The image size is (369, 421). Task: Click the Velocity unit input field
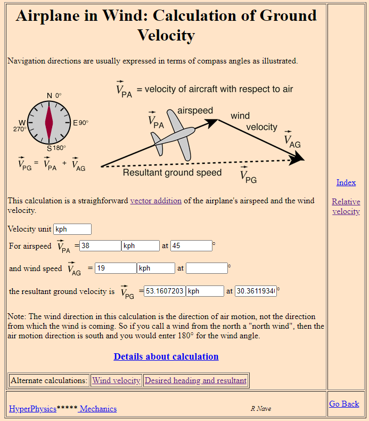72,229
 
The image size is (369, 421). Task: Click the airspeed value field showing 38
100,246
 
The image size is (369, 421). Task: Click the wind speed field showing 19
116,268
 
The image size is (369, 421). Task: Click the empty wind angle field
207,268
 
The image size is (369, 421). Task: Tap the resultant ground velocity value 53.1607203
165,291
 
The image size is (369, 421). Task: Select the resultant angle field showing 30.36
256,291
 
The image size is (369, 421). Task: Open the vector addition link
156,201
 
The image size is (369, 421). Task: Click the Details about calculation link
166,356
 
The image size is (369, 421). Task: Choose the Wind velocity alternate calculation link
116,380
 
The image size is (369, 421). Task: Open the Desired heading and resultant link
195,380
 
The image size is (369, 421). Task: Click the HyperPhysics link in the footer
32,409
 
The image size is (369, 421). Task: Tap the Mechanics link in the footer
98,409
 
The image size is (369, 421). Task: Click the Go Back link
344,404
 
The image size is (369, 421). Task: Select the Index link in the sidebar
346,182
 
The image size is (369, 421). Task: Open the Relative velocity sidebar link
346,206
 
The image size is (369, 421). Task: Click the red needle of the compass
49,122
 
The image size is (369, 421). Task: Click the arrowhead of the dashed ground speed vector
297,158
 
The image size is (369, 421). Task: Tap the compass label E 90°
80,123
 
